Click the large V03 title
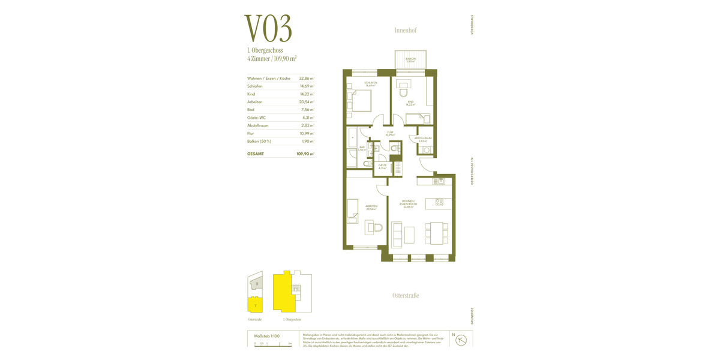(268, 28)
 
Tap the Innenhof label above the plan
(406, 30)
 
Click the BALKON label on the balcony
(410, 59)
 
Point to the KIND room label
(411, 103)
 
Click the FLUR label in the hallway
(390, 133)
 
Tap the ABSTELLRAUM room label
(423, 139)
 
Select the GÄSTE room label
(382, 166)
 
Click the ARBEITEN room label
(371, 207)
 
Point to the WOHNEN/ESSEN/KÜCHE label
(409, 204)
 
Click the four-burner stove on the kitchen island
(439, 202)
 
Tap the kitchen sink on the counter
(440, 181)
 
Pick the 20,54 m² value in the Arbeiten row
(307, 102)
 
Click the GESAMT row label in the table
(255, 154)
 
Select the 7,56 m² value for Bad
(307, 110)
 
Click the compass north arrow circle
(462, 339)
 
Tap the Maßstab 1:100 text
(267, 336)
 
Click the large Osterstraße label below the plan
(406, 295)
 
